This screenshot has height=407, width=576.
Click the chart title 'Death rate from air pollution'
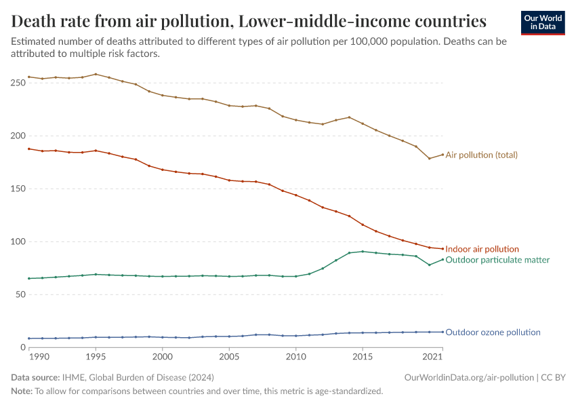[249, 21]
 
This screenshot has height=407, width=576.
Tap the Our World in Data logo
[542, 22]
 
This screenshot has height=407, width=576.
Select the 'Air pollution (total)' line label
[481, 155]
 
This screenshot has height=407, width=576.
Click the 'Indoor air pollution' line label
[482, 249]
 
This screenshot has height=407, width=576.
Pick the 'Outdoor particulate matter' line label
[497, 260]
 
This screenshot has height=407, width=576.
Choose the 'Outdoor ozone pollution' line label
[493, 332]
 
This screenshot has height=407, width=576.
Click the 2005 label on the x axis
[229, 356]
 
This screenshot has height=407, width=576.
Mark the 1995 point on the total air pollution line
[96, 74]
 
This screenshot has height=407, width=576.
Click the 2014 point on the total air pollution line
[349, 117]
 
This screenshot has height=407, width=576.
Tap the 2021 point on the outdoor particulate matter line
[443, 259]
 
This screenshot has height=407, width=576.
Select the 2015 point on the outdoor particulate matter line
[363, 251]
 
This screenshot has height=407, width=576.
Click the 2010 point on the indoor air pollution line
[295, 195]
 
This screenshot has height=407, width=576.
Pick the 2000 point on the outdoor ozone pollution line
[162, 337]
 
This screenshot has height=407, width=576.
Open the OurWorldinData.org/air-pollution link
[468, 377]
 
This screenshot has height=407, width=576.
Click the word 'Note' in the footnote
[21, 391]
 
